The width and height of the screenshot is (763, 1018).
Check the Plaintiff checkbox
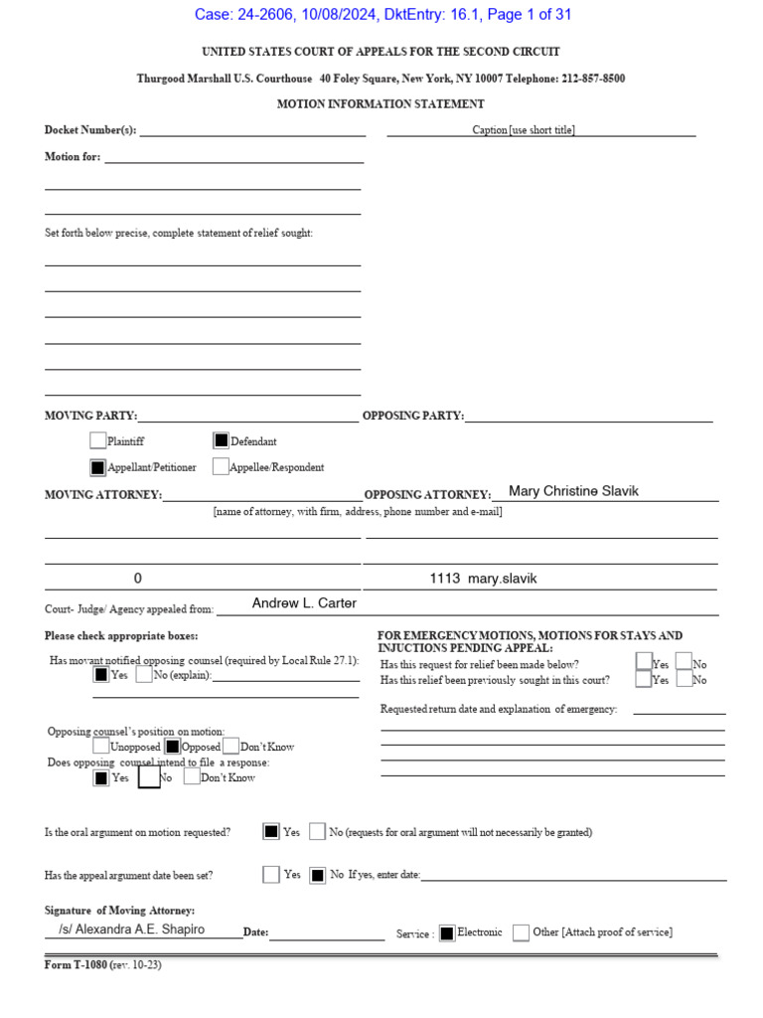pos(97,440)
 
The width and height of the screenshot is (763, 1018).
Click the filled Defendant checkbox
pos(221,440)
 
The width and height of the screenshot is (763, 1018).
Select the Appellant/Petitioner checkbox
pos(97,466)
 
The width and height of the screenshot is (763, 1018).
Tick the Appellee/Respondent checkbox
pos(221,466)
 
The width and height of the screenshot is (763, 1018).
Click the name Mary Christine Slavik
pos(573,491)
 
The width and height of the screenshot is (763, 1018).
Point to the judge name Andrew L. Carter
pos(304,603)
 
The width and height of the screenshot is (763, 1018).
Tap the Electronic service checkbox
pos(447,933)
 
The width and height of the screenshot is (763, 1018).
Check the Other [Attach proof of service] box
pos(521,933)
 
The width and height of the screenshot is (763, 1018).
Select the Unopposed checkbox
pos(101,746)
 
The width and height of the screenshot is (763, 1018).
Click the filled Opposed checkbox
pos(173,746)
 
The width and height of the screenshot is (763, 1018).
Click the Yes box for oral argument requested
pos(271,832)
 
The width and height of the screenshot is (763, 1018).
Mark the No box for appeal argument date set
pos(317,875)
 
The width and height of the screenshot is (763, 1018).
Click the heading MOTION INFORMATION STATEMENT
pos(381,103)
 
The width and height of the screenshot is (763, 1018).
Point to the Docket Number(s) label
pos(90,130)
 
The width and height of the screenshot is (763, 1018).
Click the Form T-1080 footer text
pos(102,965)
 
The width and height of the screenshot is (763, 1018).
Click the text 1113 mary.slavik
pos(483,579)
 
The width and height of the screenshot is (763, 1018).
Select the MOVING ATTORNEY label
pos(103,495)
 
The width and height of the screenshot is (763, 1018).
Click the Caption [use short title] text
pos(524,130)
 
